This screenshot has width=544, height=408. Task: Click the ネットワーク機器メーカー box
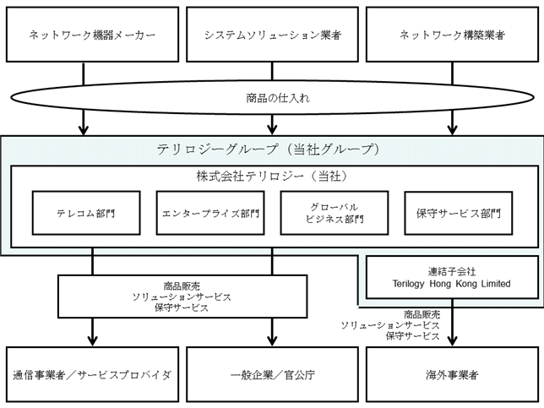pos(92,35)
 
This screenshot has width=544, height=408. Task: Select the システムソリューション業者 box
pos(272,35)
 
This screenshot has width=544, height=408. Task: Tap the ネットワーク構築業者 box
pos(453,35)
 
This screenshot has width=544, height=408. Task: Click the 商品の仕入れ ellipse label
pos(278,98)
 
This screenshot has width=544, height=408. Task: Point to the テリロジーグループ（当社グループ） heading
pos(268,150)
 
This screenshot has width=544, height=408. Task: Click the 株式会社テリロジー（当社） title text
pos(272,177)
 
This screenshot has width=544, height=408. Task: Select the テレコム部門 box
pos(86,213)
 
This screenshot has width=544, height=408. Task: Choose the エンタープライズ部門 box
pos(210,213)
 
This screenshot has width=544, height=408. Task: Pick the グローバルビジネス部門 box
pos(335,213)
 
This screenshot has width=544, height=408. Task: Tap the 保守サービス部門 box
pos(459,213)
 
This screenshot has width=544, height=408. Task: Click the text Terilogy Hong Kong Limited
pos(451,284)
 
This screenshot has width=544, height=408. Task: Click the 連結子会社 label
pos(451,271)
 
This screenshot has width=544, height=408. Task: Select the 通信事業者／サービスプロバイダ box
pos(92,374)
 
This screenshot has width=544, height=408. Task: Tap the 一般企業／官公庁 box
pos(272,374)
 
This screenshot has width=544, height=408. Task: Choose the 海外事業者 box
pos(453,374)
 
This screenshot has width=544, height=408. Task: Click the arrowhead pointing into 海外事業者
pos(453,340)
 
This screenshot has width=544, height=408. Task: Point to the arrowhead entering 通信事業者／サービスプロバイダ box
pos(92,340)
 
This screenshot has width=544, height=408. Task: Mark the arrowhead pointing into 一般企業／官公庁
pos(272,340)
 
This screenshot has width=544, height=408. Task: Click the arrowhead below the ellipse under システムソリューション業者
pos(272,129)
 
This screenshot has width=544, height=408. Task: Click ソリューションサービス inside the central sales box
pos(182,297)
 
